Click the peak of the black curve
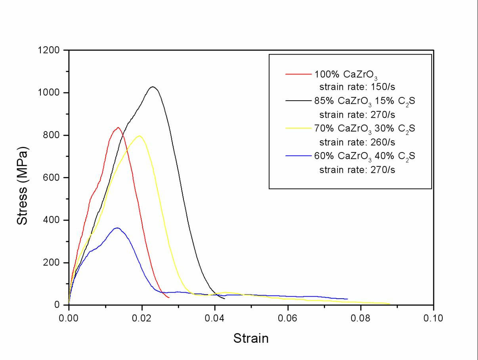click(153, 87)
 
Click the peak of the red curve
click(118, 128)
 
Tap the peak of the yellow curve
click(139, 136)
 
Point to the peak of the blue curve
click(117, 228)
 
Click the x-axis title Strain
click(251, 339)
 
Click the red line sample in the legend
click(298, 74)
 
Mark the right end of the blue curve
click(348, 299)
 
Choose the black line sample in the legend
click(298, 101)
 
